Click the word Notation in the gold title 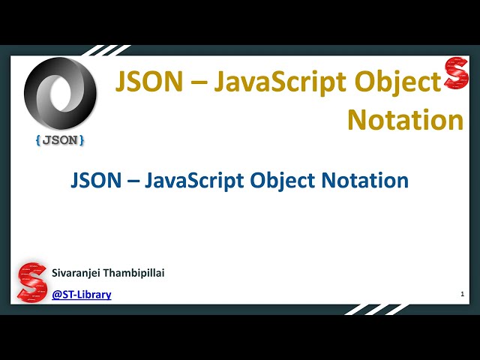coord(405,119)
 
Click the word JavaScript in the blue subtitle coord(193,181)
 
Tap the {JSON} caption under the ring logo coord(60,139)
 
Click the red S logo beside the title coord(456,73)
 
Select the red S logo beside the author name coord(32,282)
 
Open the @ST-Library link coord(82,295)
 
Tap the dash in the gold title coord(196,82)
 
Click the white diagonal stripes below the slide coord(375,309)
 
